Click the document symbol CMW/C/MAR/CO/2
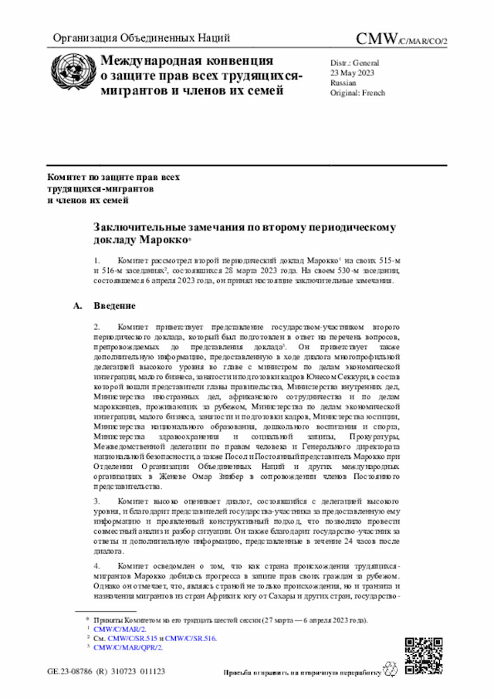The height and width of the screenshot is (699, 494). click(401, 39)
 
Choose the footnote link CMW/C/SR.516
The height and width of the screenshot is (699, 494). click(192, 638)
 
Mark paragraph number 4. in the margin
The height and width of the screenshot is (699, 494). click(96, 566)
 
